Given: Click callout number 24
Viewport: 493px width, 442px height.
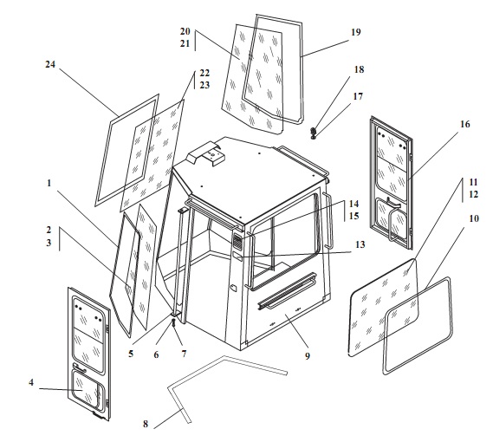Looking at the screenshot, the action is tap(50, 64).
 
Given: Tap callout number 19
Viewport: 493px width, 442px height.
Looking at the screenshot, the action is tap(356, 32).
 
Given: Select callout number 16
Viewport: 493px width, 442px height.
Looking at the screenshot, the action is tap(465, 124).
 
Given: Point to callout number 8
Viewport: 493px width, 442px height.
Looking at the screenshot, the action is tap(146, 424).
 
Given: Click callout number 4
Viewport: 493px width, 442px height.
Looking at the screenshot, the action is tap(31, 382).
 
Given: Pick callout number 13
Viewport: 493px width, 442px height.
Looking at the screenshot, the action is tap(360, 244).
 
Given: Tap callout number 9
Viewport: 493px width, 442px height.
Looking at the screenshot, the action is tap(308, 356).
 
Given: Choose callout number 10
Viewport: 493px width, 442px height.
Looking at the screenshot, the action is tap(474, 218).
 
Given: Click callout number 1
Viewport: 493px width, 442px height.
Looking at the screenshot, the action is tap(49, 183).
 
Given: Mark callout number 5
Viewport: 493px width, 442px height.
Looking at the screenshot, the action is tap(131, 354).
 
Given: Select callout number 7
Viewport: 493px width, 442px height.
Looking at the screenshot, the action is tap(184, 354).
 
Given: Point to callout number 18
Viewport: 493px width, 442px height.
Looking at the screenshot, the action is tap(359, 69).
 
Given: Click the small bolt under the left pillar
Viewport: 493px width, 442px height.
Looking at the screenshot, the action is tap(173, 322).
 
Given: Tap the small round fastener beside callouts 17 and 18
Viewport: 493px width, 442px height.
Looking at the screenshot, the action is tap(313, 133).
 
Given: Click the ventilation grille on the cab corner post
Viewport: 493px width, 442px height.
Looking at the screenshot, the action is tap(237, 241).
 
